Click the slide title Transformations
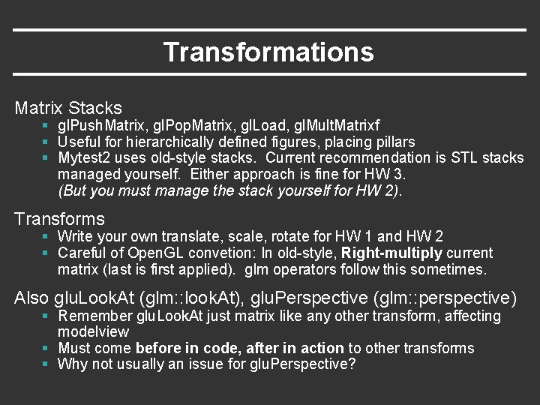click(268, 52)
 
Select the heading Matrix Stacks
click(68, 108)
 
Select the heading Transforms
click(60, 219)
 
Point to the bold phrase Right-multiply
click(391, 253)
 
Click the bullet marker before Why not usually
click(46, 364)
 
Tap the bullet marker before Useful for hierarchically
click(46, 142)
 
